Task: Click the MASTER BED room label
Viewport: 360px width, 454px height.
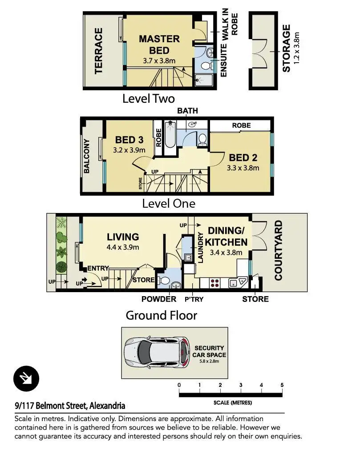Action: coord(159,44)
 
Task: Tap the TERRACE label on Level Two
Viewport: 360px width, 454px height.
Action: coord(98,51)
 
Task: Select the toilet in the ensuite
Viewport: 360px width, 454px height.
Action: coord(206,66)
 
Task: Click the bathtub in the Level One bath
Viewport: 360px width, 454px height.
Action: coord(170,135)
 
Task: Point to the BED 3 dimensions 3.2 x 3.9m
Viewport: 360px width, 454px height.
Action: coord(129,150)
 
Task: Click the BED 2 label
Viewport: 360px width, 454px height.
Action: coord(243,157)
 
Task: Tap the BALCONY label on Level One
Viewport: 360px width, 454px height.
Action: coord(86,156)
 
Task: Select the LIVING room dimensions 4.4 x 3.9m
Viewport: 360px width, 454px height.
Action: coord(123,247)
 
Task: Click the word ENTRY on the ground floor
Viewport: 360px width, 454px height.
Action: coord(98,269)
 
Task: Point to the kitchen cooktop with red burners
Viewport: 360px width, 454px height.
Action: coord(215,283)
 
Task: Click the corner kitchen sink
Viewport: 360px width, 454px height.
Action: coord(238,282)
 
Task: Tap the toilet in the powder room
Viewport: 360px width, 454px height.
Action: coord(165,280)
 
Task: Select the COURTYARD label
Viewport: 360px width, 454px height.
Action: coord(279,250)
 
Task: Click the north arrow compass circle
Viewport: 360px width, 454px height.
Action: coord(26,378)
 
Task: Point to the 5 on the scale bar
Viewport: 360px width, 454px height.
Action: coord(282,385)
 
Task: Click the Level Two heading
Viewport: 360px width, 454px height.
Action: coord(149,99)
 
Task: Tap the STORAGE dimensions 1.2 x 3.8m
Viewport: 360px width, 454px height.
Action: coord(296,48)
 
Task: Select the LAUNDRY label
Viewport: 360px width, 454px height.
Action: coord(200,247)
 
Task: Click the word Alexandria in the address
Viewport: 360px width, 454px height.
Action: coord(107,406)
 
